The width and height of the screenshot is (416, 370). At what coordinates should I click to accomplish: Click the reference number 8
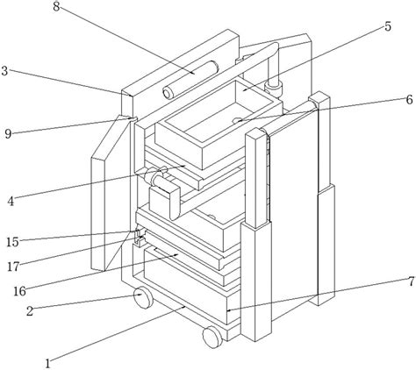tap(56, 6)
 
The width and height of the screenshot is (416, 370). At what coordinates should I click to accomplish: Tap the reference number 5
tap(388, 26)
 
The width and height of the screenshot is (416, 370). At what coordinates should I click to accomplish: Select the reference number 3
tap(4, 71)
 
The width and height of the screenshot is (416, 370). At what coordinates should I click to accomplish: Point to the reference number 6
tap(409, 100)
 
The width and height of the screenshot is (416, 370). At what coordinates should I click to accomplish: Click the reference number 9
tap(8, 134)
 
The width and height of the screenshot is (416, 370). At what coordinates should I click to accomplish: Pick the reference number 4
tap(11, 201)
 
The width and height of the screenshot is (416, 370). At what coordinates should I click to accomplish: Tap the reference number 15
tap(12, 242)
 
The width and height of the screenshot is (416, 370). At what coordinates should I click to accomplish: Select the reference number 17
tap(13, 267)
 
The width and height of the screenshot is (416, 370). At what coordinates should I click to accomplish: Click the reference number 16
tap(19, 291)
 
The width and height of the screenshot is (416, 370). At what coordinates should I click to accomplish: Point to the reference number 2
tap(30, 311)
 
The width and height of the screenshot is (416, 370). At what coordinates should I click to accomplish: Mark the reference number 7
tap(411, 281)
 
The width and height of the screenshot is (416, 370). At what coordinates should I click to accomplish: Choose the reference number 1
tap(47, 364)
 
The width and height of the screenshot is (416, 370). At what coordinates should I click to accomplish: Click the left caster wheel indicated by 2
tap(143, 297)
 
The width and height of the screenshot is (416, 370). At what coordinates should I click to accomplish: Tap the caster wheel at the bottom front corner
tap(212, 337)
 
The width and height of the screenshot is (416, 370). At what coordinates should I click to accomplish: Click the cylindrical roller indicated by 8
tap(190, 79)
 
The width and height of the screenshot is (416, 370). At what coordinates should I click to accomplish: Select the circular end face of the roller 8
tap(168, 94)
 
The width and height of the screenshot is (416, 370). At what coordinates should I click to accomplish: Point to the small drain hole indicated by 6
tap(237, 120)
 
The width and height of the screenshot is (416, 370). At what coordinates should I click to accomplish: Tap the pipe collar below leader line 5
tap(273, 86)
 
